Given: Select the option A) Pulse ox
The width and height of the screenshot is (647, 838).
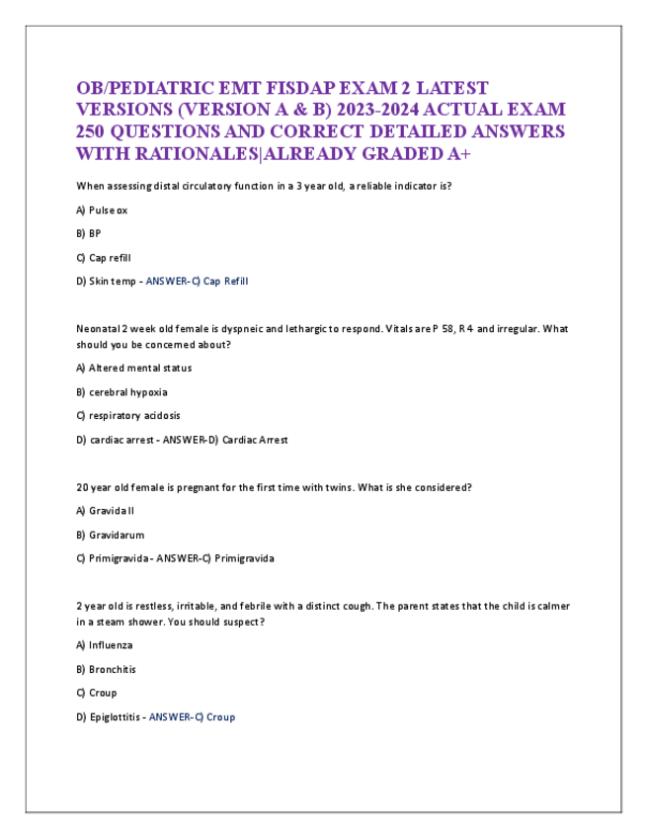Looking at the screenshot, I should pyautogui.click(x=102, y=210).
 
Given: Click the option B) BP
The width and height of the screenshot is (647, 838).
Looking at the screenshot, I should pyautogui.click(x=88, y=234).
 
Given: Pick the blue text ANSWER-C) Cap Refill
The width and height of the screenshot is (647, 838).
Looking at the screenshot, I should pyautogui.click(x=197, y=282).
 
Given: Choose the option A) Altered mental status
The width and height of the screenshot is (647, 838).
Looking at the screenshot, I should pyautogui.click(x=133, y=369).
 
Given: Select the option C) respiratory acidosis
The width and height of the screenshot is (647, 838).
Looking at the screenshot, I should pyautogui.click(x=127, y=416).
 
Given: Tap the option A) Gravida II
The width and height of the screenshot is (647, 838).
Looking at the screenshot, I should pyautogui.click(x=105, y=511).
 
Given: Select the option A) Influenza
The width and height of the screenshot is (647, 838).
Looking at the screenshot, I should pyautogui.click(x=105, y=645).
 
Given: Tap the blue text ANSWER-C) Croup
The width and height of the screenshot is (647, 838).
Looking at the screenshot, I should pyautogui.click(x=192, y=716).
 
